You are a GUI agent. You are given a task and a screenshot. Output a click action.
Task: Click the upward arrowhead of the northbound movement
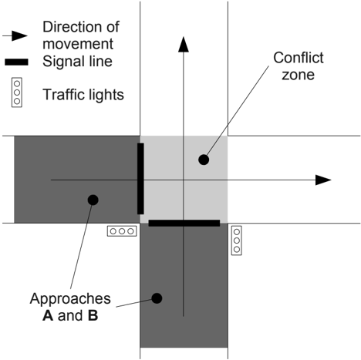184,44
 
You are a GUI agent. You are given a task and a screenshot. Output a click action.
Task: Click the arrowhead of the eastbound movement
323,180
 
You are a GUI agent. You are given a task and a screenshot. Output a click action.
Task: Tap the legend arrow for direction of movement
15,35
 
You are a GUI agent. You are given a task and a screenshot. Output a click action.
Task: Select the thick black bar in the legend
16,62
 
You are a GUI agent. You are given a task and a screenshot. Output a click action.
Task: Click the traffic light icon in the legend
17,93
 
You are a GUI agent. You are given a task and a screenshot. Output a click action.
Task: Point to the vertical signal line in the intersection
140,179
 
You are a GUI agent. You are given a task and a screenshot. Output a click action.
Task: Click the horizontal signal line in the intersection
184,223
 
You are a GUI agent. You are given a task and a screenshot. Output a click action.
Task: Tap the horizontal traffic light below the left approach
122,231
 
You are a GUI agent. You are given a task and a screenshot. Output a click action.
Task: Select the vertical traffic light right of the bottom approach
237,241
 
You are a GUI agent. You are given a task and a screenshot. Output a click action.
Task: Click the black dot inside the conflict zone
204,160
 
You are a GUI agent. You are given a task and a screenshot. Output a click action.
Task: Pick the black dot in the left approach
93,200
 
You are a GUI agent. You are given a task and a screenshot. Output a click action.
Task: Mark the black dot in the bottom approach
157,298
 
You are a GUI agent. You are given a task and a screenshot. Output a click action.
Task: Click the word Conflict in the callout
299,58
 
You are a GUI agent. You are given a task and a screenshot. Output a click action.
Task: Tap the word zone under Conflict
298,75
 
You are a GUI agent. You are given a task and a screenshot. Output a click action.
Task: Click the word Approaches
70,299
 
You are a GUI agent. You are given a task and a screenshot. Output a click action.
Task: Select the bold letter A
48,315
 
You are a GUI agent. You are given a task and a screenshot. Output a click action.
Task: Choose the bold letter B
93,315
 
